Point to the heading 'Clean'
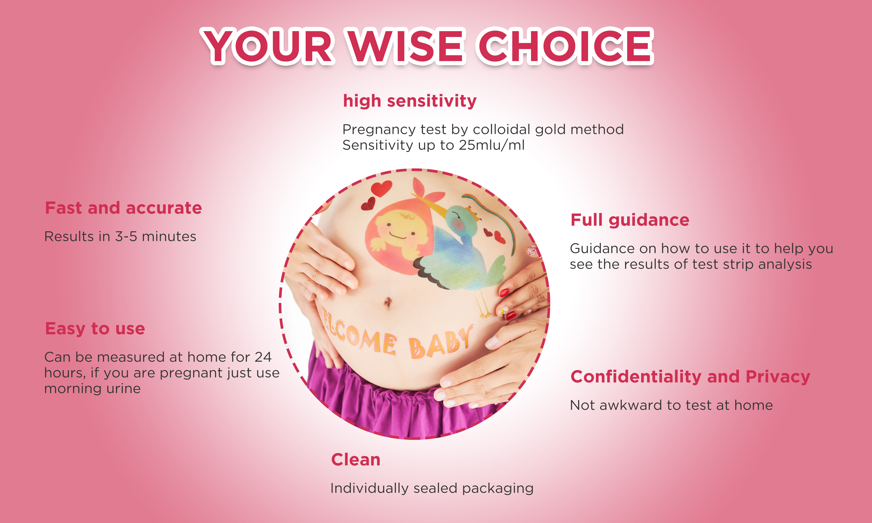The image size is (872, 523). tap(356, 460)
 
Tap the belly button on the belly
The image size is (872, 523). tap(388, 302)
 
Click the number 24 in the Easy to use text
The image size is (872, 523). tap(263, 357)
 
